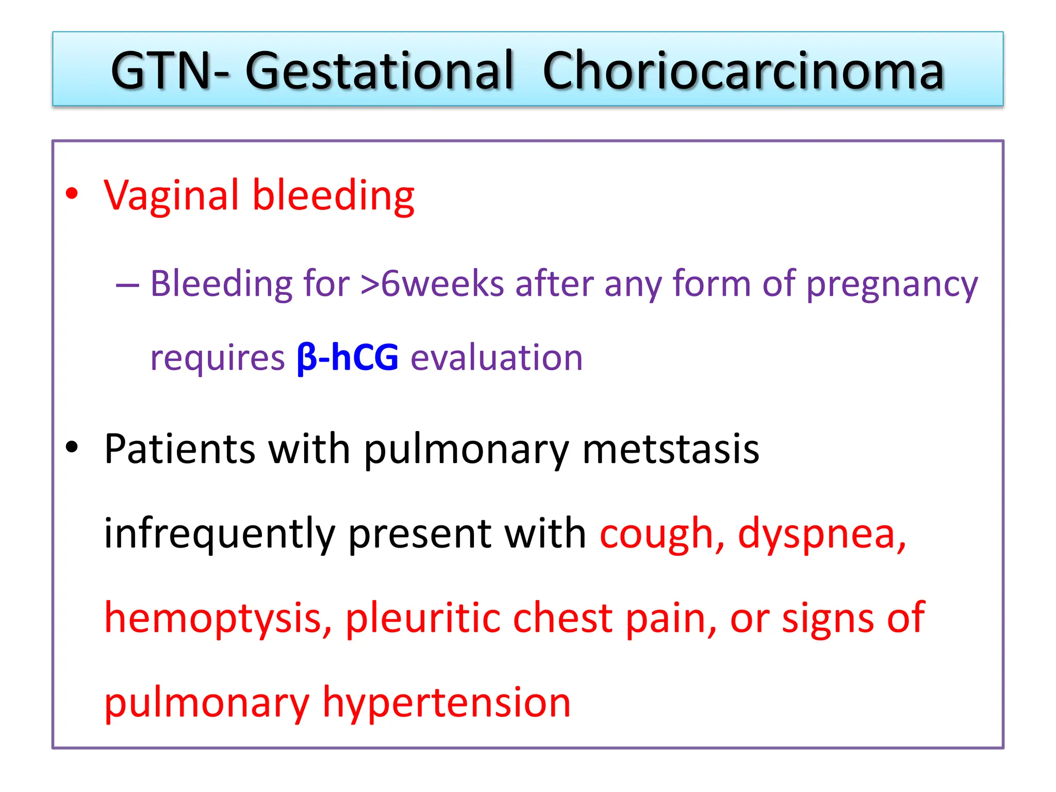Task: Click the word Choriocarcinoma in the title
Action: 743,71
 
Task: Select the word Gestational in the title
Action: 379,71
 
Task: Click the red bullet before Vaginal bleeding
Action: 72,194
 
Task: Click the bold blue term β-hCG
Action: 348,357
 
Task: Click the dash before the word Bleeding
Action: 127,284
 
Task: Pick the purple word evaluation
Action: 496,357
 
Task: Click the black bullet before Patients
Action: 72,447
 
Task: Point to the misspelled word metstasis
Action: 670,449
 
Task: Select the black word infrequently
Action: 220,534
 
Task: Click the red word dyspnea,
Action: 821,534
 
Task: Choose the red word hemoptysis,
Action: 218,619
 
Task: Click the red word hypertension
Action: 447,703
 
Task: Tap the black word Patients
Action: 179,449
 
